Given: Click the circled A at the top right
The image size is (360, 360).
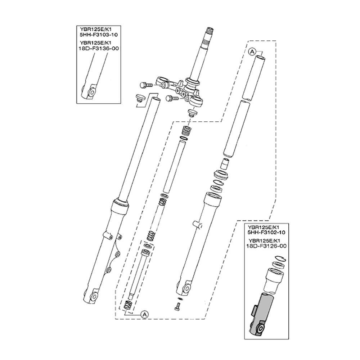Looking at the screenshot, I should click(252, 52).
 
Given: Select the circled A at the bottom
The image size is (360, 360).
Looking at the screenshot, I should click(144, 314).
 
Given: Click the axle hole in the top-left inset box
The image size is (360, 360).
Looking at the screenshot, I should click(90, 93).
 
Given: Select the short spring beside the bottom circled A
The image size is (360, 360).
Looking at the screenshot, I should click(127, 305).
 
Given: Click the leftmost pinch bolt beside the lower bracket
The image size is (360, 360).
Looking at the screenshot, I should click(144, 85).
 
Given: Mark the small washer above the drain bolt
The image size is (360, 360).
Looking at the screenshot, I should click(180, 299).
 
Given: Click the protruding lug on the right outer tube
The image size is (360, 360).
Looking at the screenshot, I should click(198, 225).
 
